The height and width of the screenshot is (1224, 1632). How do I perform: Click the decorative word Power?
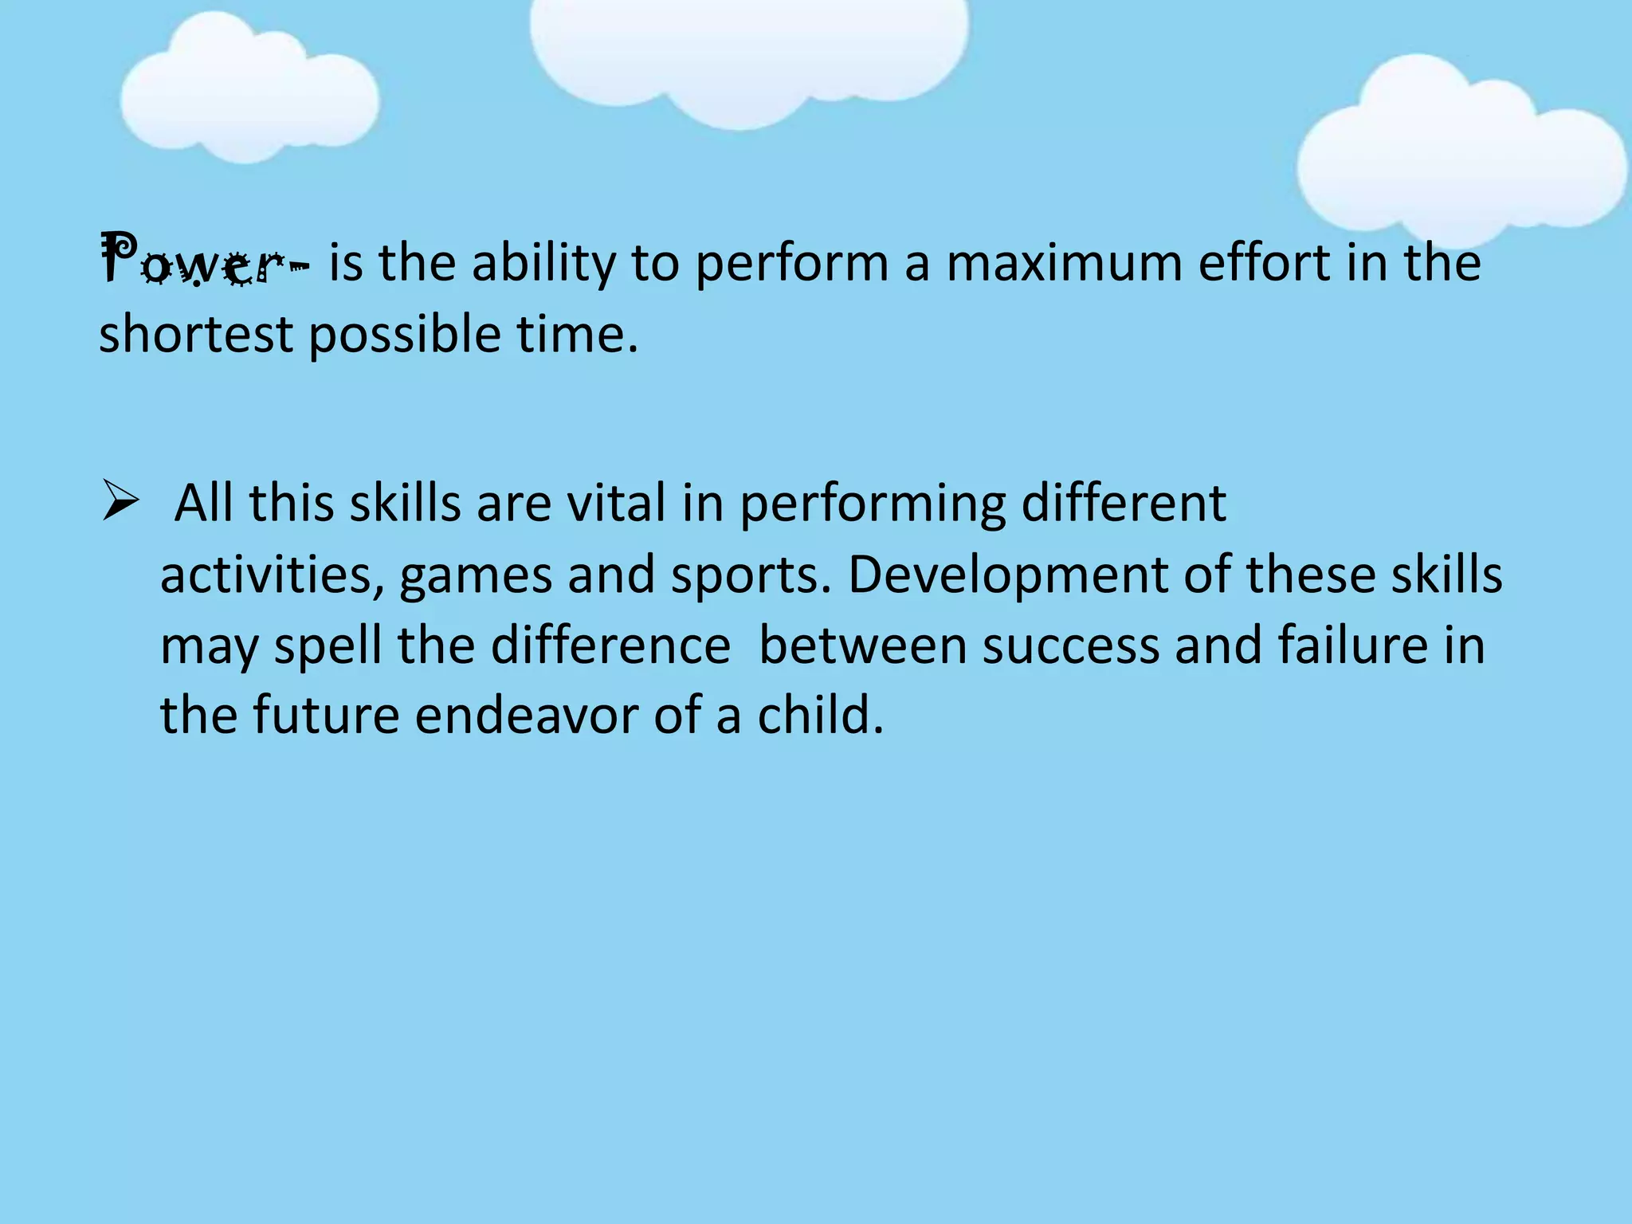point(194,261)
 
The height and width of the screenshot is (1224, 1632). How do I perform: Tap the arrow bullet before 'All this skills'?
point(121,504)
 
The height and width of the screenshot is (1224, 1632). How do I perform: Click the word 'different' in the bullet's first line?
point(1124,504)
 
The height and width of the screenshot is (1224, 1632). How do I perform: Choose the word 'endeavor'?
point(527,715)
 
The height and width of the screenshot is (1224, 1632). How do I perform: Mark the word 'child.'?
point(821,715)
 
